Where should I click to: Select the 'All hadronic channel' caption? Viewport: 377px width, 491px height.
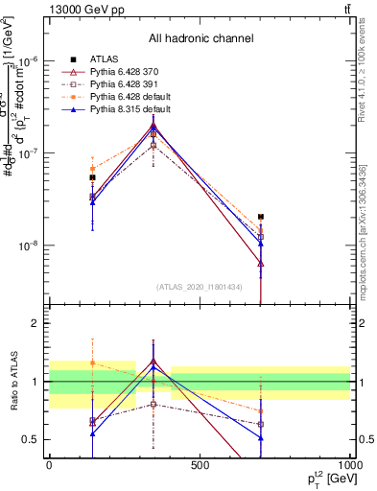[200, 38]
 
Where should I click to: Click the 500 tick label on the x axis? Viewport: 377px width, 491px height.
[200, 464]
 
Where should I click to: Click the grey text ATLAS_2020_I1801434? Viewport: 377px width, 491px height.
[200, 287]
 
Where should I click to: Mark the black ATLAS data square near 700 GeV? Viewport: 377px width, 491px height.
[261, 217]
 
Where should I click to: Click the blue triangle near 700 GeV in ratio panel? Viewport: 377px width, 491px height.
[261, 438]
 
